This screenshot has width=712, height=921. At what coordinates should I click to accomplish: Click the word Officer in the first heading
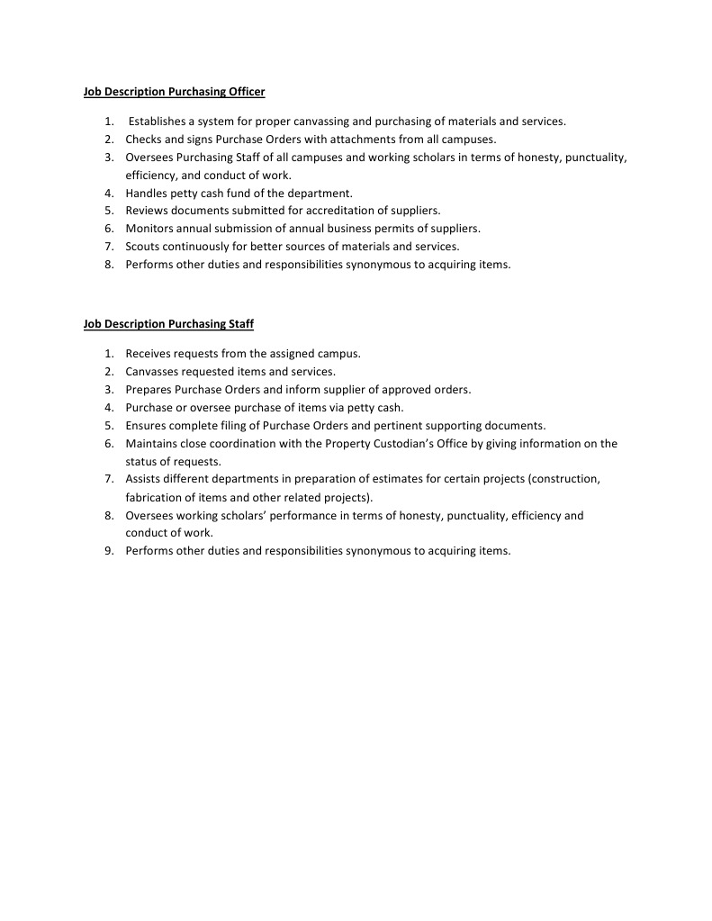point(245,92)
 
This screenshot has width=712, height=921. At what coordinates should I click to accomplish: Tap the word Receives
point(150,354)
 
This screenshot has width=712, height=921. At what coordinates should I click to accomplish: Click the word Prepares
point(149,389)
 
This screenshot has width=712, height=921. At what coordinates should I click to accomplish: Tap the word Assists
point(143,479)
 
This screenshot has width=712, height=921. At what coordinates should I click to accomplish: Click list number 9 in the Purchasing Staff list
point(108,551)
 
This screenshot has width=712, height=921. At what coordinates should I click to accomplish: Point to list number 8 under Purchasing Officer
point(108,265)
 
